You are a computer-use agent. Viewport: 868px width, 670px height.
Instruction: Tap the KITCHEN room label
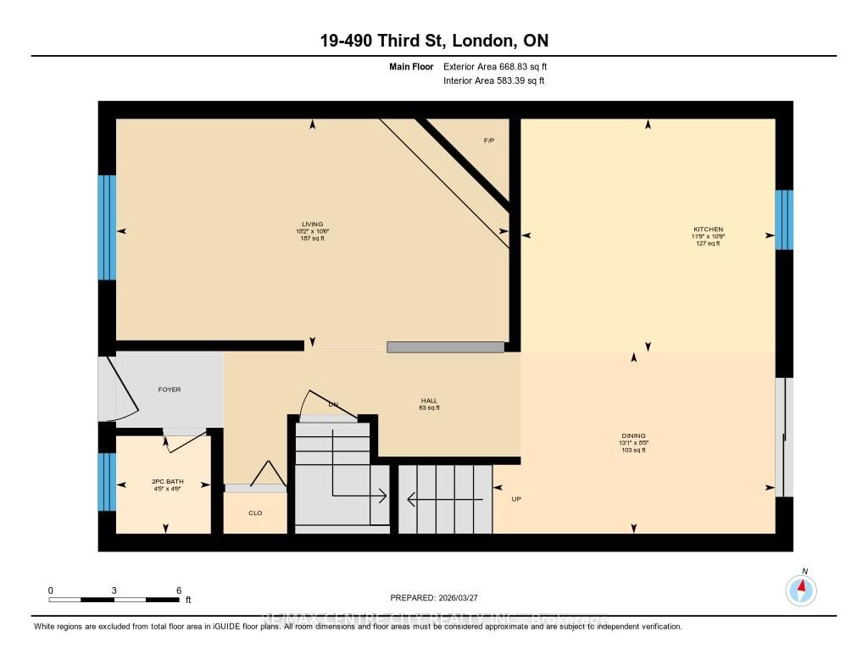[x=708, y=230]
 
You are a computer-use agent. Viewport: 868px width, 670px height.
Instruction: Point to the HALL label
[x=430, y=401]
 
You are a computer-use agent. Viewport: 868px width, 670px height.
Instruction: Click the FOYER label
[x=170, y=390]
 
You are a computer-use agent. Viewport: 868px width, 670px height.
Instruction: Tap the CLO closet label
[x=255, y=512]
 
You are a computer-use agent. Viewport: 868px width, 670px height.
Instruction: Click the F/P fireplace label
[x=488, y=141]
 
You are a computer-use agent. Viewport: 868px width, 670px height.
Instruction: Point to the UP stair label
[x=516, y=499]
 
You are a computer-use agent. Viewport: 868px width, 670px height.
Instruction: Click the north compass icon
[x=801, y=589]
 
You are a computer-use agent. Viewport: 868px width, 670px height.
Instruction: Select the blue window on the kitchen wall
[x=784, y=219]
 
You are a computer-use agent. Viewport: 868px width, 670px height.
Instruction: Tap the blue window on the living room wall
[x=107, y=227]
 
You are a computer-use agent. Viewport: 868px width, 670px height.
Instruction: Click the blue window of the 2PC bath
[x=107, y=482]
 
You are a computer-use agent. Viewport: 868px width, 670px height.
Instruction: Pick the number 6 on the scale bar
[x=178, y=590]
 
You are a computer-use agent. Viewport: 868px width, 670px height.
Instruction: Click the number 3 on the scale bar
[x=114, y=590]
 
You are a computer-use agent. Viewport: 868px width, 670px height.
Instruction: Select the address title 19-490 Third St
[x=433, y=41]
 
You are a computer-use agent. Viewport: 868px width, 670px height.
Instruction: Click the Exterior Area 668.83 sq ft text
[x=501, y=66]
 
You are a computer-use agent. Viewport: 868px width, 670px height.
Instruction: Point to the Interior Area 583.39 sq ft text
[x=493, y=81]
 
